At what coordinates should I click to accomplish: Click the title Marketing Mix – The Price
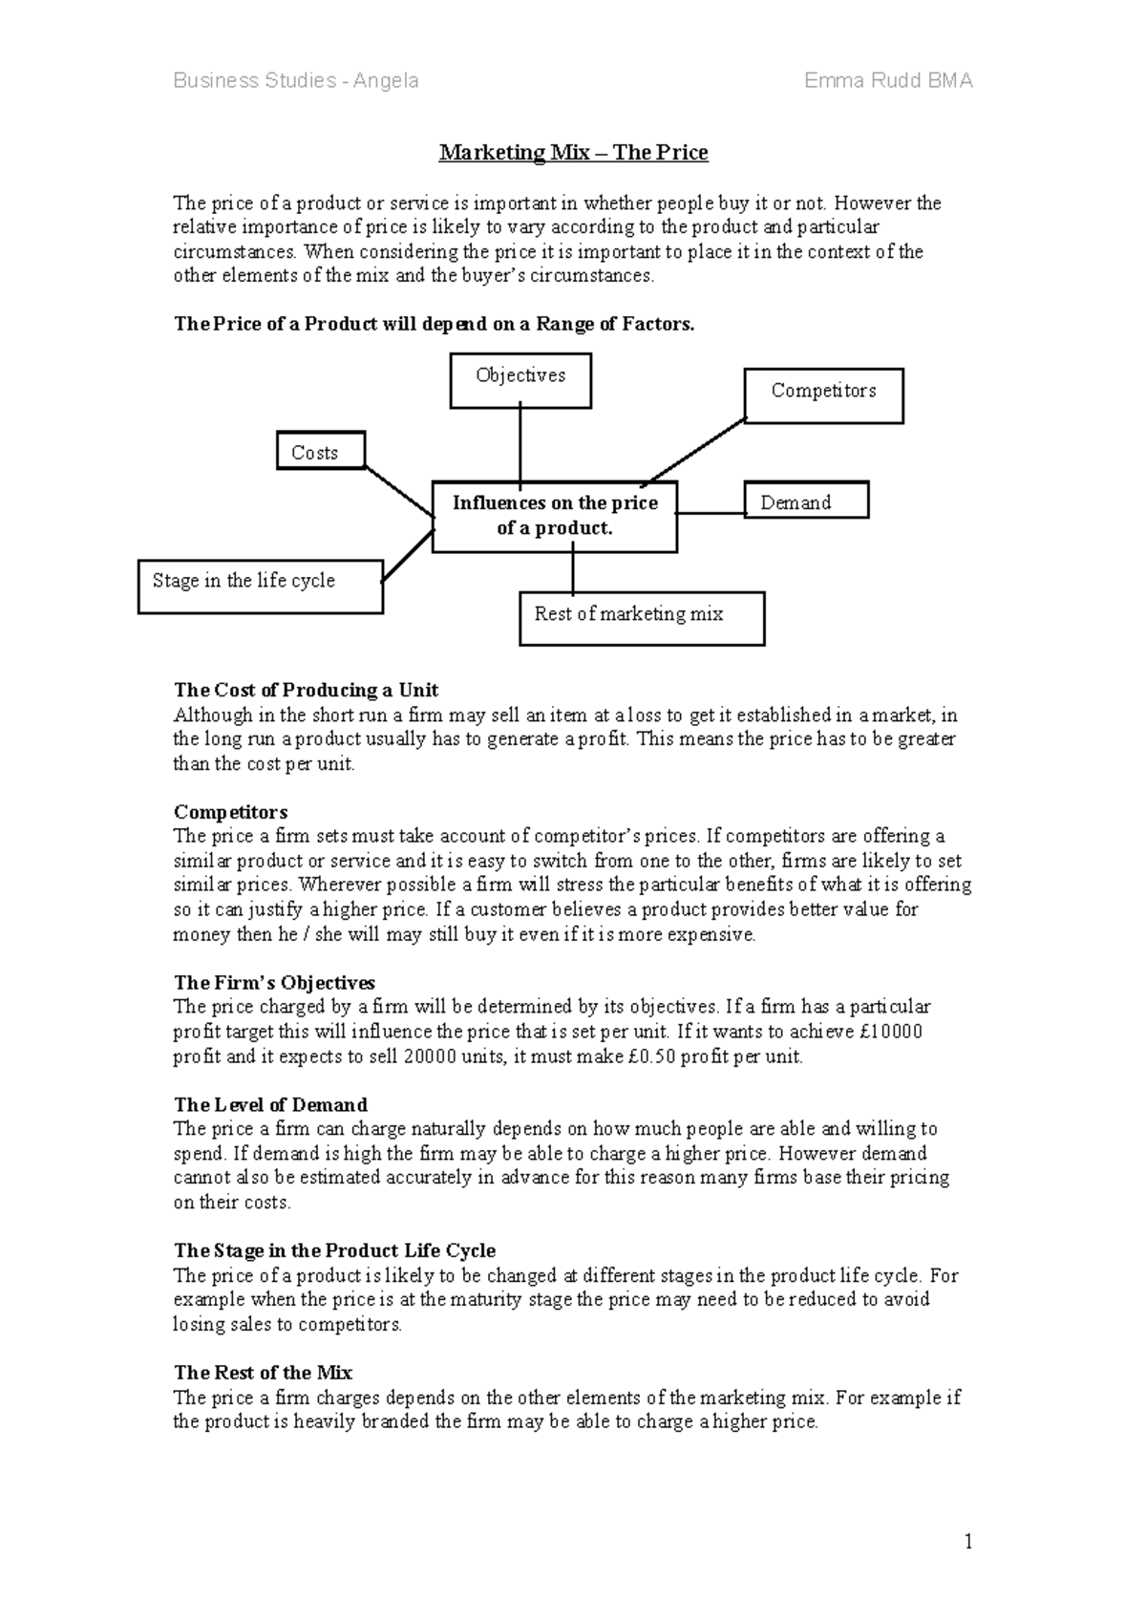573,153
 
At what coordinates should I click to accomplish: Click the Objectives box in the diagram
520,380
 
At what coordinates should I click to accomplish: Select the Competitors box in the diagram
823,395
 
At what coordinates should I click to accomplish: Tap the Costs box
321,452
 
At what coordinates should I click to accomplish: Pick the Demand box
806,501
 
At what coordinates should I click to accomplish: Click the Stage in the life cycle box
260,586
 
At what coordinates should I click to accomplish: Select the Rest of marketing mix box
642,618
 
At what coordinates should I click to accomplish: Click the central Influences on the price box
555,516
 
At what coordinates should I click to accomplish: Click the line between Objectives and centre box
520,444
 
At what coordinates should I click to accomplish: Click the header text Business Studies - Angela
295,80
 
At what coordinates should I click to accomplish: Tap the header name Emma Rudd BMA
888,80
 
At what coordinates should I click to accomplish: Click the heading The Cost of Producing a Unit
306,690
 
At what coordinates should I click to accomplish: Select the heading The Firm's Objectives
274,982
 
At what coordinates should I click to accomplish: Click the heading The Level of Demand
270,1104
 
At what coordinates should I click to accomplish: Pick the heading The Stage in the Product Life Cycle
334,1250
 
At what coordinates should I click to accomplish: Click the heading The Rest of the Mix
263,1373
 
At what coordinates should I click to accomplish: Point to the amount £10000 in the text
887,1032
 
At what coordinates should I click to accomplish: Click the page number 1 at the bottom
968,1541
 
